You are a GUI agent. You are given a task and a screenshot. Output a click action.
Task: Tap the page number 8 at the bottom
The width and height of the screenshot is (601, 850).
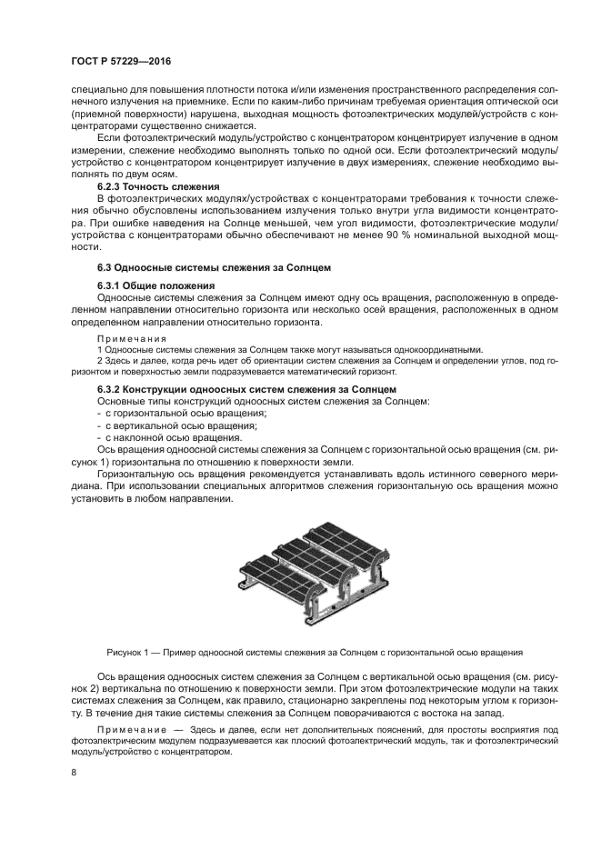click(x=73, y=773)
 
